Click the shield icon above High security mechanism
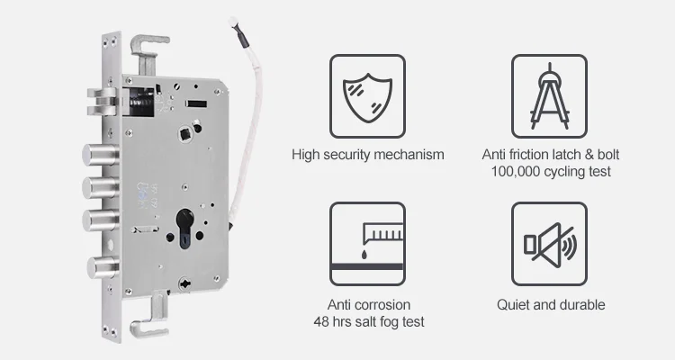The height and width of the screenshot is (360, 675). coord(368,93)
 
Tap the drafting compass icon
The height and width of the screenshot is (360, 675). coord(550,93)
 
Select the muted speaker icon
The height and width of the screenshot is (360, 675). coord(550,243)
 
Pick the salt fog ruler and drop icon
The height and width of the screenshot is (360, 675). coord(368,243)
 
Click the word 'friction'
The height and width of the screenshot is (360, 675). coord(526,155)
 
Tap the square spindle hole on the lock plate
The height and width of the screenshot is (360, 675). coord(184,134)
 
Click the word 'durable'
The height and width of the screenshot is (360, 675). coord(580,305)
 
